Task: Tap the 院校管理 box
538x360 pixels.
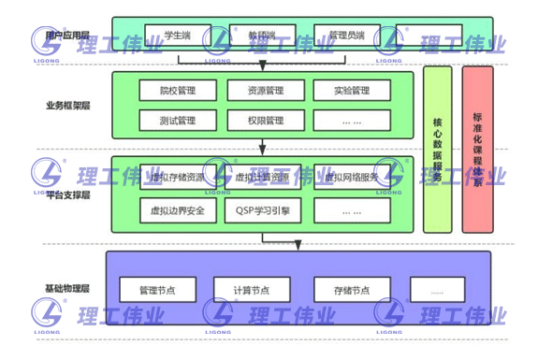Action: pyautogui.click(x=177, y=92)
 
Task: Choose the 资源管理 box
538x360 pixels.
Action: pyautogui.click(x=266, y=92)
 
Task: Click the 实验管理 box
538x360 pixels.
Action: pyautogui.click(x=352, y=92)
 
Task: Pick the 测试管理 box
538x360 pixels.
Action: pyautogui.click(x=177, y=120)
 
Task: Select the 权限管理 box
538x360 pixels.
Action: pyautogui.click(x=266, y=120)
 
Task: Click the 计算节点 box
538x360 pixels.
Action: pyautogui.click(x=252, y=289)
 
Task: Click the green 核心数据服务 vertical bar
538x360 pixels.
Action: pyautogui.click(x=437, y=150)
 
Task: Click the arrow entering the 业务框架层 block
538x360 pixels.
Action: pyautogui.click(x=263, y=65)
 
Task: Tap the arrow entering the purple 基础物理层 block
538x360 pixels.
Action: pyautogui.click(x=298, y=244)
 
